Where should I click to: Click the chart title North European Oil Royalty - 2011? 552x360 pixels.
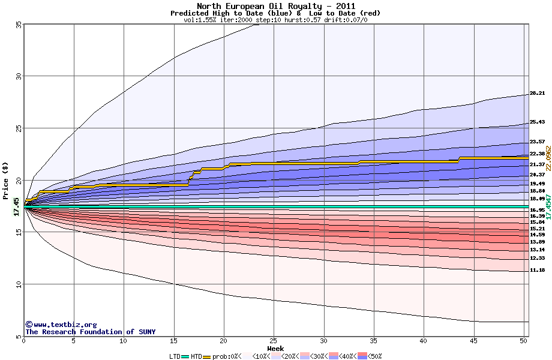pos(275,6)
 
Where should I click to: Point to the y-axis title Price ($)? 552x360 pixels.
pos(6,179)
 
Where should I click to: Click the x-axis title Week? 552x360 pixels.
pos(275,349)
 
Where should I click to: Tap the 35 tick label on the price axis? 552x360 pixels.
pos(18,25)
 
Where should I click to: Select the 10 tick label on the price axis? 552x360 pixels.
pos(18,284)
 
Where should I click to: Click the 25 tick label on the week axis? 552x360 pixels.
pos(274,341)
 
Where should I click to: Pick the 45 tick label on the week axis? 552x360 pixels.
pos(474,341)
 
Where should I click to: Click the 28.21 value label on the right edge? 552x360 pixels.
pos(537,94)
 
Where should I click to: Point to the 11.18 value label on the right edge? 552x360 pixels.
pos(537,271)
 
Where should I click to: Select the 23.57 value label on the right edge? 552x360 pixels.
pos(537,142)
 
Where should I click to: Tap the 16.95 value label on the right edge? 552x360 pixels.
pos(537,211)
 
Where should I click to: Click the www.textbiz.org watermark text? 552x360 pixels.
pos(65,325)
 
